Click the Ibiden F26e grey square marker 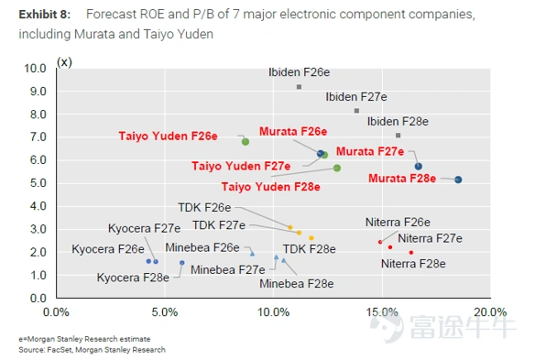point(299,87)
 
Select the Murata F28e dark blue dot point(458,180)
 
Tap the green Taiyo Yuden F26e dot point(246,142)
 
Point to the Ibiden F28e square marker point(398,136)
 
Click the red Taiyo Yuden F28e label point(271,187)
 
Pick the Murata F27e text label point(370,151)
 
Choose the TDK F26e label point(204,207)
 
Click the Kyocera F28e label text point(133,278)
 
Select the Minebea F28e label point(297,284)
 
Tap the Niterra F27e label point(430,238)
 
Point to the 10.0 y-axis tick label point(35,69)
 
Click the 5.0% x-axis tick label point(165,311)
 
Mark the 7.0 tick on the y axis point(38,137)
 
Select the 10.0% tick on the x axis point(273,311)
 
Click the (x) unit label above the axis point(64,62)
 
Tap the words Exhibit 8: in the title point(45,15)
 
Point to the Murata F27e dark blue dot point(419,167)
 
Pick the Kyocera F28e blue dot point(182,263)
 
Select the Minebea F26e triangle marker point(252,254)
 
